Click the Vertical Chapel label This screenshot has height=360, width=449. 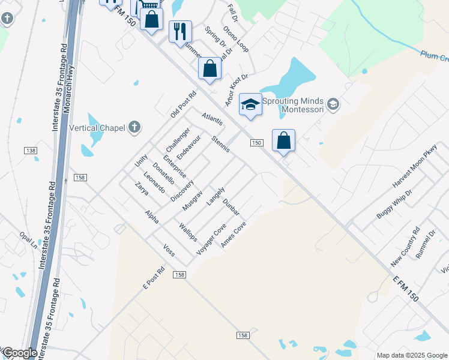(97, 127)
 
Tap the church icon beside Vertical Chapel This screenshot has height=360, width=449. (136, 127)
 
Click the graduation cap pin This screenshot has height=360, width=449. (250, 104)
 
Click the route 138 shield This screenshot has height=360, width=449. (31, 150)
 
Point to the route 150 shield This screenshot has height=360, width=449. (256, 142)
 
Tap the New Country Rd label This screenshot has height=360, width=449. (405, 247)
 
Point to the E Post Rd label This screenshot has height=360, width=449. (154, 278)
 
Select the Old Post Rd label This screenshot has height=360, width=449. (183, 103)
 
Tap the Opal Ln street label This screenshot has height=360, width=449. (28, 241)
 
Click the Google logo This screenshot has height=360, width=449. (19, 353)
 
